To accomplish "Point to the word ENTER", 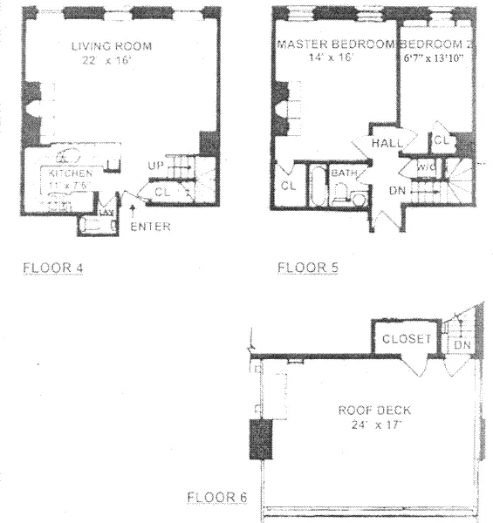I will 149,228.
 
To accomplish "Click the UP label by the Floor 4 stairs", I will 155,163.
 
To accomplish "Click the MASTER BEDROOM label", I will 336,44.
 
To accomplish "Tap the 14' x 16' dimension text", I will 336,58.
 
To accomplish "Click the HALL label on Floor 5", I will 385,143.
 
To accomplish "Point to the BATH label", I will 343,173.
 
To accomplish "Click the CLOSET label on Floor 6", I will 407,338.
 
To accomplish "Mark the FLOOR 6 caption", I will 218,498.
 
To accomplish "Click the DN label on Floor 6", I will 462,346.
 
